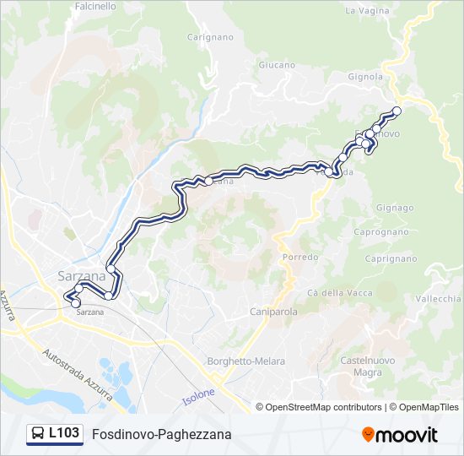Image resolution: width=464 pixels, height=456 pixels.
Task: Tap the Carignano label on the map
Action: (209, 38)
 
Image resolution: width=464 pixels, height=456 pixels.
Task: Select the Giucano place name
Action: (277, 65)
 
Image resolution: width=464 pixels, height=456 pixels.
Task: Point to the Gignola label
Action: (365, 76)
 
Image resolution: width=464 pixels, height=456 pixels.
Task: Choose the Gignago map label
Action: (395, 208)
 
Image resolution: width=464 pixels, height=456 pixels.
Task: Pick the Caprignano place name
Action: (391, 258)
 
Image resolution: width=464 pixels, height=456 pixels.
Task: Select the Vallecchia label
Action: (439, 299)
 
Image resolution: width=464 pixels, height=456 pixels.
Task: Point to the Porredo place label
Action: (300, 257)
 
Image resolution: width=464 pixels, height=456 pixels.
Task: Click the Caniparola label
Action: (274, 312)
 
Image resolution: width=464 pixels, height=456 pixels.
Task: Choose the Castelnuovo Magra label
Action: (367, 366)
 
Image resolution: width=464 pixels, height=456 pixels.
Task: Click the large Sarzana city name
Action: (82, 276)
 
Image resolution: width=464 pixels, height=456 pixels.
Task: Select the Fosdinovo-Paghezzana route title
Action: (161, 435)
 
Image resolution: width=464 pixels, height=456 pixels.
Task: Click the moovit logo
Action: (400, 435)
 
